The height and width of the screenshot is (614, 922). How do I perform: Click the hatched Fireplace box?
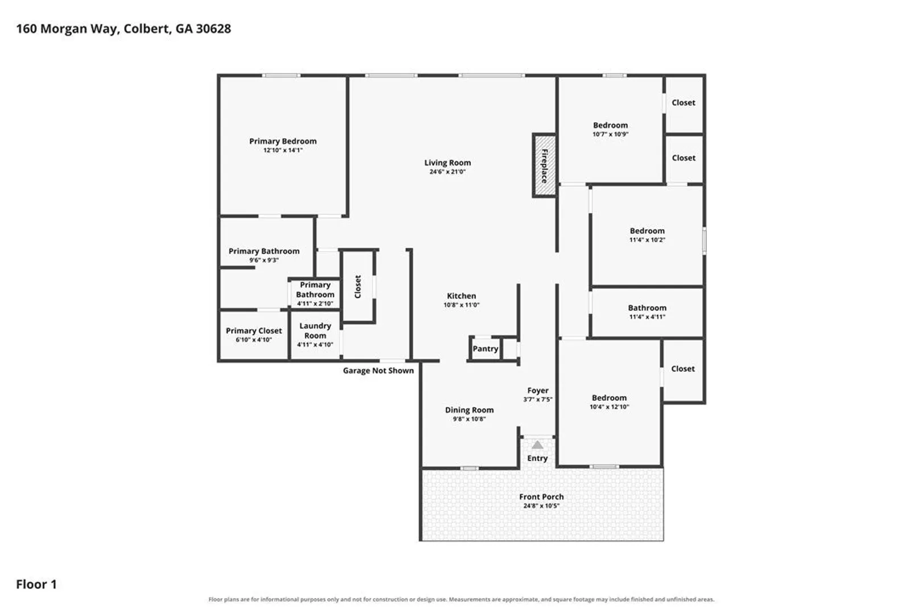(x=545, y=165)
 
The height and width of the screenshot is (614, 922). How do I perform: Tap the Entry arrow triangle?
(x=537, y=445)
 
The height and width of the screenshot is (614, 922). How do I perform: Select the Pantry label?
(x=485, y=349)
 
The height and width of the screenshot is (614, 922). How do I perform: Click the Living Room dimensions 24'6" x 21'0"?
(x=447, y=172)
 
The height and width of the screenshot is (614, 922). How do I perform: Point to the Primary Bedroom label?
(x=283, y=141)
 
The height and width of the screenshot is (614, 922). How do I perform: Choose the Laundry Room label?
(x=315, y=331)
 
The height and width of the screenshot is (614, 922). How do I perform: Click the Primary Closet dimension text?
(x=254, y=340)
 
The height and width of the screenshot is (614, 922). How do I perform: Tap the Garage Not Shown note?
(x=378, y=371)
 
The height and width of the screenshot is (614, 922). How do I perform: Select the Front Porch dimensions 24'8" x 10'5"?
(x=541, y=506)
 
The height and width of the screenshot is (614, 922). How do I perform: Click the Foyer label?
(x=538, y=390)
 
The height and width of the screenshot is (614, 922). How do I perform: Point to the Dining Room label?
(x=469, y=410)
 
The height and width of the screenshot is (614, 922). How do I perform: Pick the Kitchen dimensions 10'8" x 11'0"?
(x=462, y=305)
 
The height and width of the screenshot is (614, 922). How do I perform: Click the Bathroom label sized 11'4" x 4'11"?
(x=647, y=308)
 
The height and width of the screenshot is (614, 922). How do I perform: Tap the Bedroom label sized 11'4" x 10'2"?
(x=647, y=231)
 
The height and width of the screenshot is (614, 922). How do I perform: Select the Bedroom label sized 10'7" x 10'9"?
(x=611, y=125)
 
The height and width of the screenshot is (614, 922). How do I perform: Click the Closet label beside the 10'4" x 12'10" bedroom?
(x=683, y=369)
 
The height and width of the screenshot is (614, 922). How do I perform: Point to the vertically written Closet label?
(x=357, y=287)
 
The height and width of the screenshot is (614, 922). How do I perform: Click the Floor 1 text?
(x=36, y=584)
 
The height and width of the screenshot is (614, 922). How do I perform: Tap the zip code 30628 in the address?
(x=213, y=29)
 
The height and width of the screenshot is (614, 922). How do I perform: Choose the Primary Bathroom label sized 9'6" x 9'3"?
(x=264, y=251)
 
